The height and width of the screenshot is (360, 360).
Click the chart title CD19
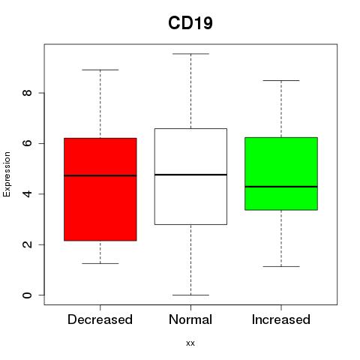pyautogui.click(x=190, y=23)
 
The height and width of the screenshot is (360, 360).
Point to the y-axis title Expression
pyautogui.click(x=7, y=174)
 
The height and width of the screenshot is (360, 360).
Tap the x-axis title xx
pyautogui.click(x=190, y=343)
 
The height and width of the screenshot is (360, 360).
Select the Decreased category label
pyautogui.click(x=100, y=319)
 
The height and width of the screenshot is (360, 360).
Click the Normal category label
pyautogui.click(x=190, y=319)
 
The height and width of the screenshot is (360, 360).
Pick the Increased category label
pyautogui.click(x=281, y=319)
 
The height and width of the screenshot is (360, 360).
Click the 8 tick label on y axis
pyautogui.click(x=28, y=93)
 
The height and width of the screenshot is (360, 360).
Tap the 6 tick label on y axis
pyautogui.click(x=28, y=143)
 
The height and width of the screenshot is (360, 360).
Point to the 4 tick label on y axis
pyautogui.click(x=28, y=193)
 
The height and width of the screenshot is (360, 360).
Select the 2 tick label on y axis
pyautogui.click(x=28, y=244)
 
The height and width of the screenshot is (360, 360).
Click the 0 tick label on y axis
pyautogui.click(x=28, y=295)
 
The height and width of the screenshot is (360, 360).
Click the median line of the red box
pyautogui.click(x=100, y=175)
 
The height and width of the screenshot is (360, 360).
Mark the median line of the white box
pyautogui.click(x=190, y=175)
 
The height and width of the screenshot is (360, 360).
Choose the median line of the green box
pyautogui.click(x=281, y=187)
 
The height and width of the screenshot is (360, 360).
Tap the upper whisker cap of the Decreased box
pyautogui.click(x=100, y=70)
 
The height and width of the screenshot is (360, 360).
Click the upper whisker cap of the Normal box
pyautogui.click(x=190, y=54)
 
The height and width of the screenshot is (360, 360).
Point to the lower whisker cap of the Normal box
pyautogui.click(x=190, y=295)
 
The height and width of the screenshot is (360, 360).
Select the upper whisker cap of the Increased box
pyautogui.click(x=281, y=80)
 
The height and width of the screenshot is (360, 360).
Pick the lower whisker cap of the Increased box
pyautogui.click(x=281, y=266)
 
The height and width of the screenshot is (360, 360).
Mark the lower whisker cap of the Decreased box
pyautogui.click(x=100, y=263)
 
